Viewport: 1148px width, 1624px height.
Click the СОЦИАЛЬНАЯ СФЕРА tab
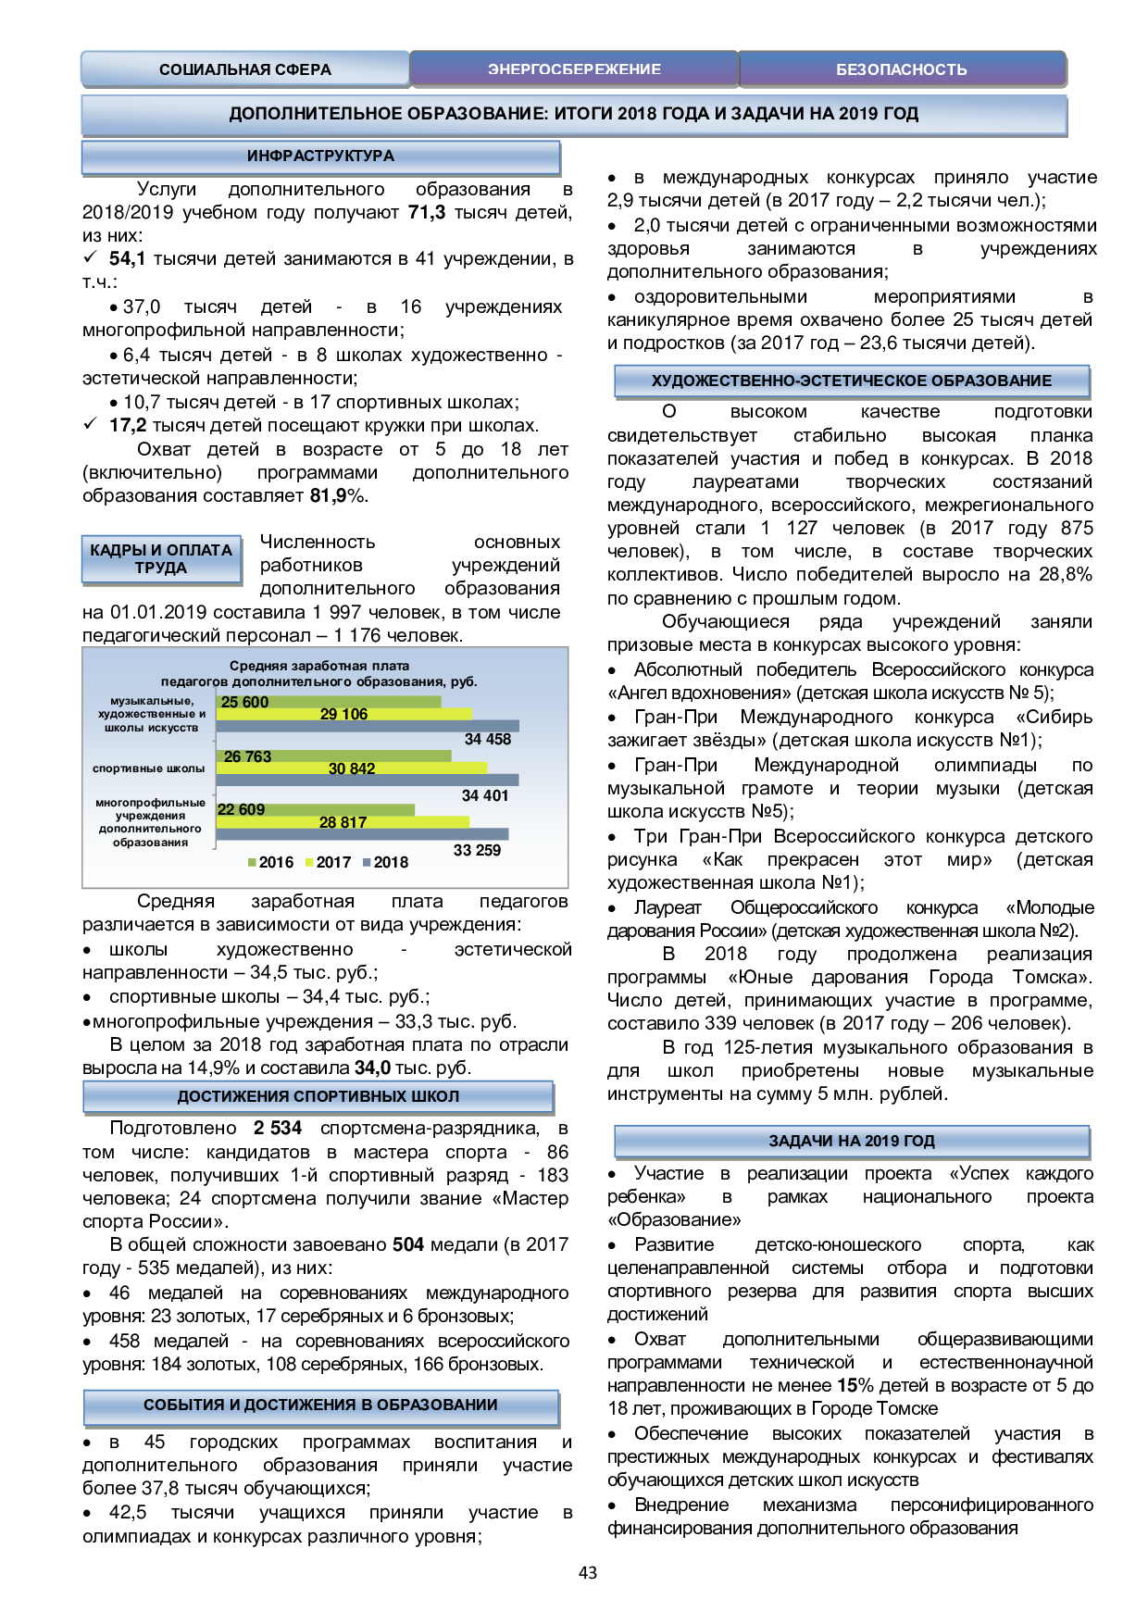click(x=244, y=69)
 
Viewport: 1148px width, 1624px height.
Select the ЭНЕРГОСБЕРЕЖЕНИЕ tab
click(x=574, y=69)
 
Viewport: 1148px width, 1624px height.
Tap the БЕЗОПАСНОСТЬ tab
click(x=901, y=69)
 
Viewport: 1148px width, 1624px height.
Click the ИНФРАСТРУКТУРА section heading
click(x=320, y=156)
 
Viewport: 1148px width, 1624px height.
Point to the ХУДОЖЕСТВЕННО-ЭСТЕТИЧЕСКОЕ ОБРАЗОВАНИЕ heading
click(x=851, y=381)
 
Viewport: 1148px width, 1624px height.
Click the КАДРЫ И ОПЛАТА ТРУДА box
click(x=161, y=559)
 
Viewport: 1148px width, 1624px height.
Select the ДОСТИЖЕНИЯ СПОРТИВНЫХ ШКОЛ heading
click(x=318, y=1096)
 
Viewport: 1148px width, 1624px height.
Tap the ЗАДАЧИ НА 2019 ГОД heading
click(x=851, y=1141)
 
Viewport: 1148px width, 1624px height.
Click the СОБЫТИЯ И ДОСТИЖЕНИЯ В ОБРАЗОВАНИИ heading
click(x=320, y=1405)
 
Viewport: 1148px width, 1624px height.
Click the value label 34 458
click(x=487, y=739)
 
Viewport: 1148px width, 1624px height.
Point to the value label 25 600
click(x=244, y=702)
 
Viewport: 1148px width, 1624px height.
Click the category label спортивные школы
click(x=148, y=768)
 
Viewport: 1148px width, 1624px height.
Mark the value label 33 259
click(x=477, y=850)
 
